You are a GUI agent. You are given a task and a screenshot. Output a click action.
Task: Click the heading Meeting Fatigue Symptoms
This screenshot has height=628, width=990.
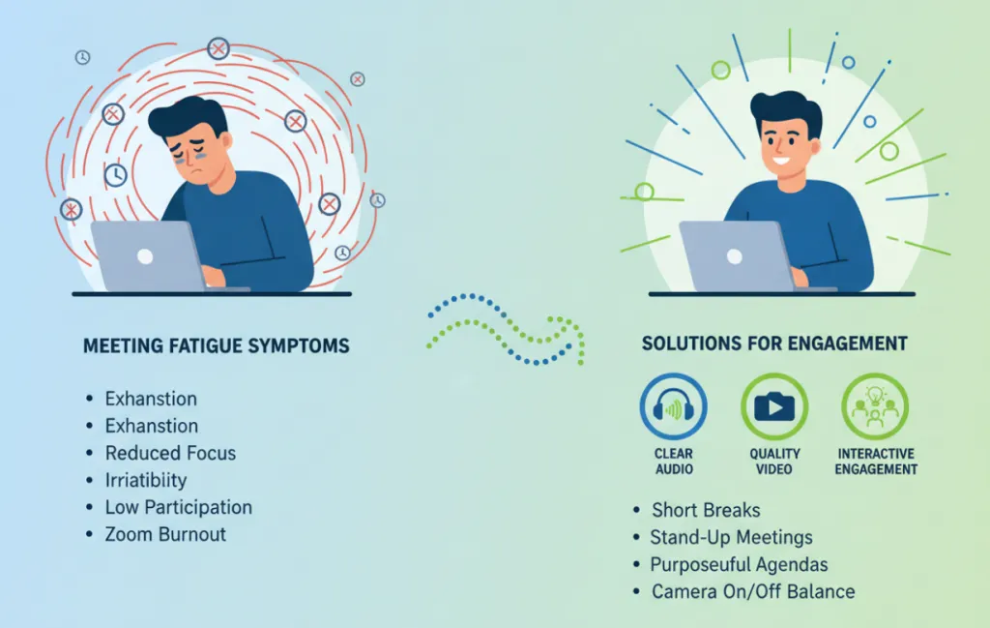pyautogui.click(x=216, y=346)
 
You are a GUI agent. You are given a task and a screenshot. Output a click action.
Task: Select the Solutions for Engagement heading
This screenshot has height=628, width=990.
pyautogui.click(x=774, y=344)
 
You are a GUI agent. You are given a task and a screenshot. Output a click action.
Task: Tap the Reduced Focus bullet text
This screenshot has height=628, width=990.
pyautogui.click(x=170, y=453)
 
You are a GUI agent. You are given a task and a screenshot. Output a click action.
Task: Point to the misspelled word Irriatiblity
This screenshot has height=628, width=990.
pyautogui.click(x=146, y=480)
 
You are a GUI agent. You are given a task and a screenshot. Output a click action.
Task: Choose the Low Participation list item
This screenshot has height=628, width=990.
pyautogui.click(x=178, y=507)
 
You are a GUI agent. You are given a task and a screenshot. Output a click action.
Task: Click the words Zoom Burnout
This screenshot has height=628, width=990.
pyautogui.click(x=165, y=534)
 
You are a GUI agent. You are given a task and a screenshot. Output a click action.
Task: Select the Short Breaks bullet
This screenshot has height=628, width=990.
pyautogui.click(x=706, y=510)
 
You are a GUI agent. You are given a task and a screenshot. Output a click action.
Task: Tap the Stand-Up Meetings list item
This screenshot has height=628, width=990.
pyautogui.click(x=731, y=537)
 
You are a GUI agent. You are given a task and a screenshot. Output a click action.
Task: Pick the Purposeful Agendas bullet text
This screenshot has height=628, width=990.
pyautogui.click(x=739, y=564)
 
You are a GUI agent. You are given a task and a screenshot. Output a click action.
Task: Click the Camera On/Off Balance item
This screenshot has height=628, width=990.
pyautogui.click(x=753, y=591)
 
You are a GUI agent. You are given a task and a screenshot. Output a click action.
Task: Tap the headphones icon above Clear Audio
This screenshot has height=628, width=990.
pyautogui.click(x=674, y=406)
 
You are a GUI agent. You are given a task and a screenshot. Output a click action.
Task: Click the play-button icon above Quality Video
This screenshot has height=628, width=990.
pyautogui.click(x=774, y=406)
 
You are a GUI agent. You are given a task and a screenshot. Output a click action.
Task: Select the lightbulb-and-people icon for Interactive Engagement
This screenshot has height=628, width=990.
pyautogui.click(x=875, y=406)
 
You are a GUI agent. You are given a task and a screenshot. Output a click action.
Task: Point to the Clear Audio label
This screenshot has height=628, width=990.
pyautogui.click(x=674, y=462)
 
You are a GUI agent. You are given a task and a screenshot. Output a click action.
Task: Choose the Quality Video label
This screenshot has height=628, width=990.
pyautogui.click(x=774, y=462)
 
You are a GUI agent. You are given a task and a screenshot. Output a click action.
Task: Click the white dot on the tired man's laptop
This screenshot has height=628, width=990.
pyautogui.click(x=145, y=257)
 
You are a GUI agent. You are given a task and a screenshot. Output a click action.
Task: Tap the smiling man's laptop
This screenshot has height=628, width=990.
pyautogui.click(x=733, y=255)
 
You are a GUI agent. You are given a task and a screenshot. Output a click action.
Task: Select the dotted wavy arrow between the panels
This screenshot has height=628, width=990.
pyautogui.click(x=506, y=329)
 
